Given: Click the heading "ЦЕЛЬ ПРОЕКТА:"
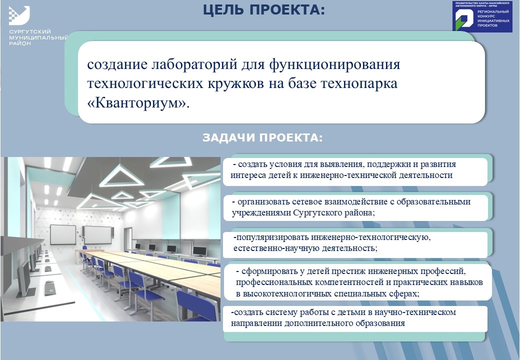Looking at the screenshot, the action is point(264,10).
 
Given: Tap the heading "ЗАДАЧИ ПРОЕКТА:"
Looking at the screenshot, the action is point(262,137).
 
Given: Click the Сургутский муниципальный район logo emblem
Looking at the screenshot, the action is point(19,15).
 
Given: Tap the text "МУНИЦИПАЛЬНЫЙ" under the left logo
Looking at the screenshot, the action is point(38,37).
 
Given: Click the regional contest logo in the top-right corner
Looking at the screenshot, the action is point(482,16).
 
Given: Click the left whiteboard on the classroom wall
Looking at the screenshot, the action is point(63,234).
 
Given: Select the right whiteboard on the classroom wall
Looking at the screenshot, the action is point(98,235).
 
